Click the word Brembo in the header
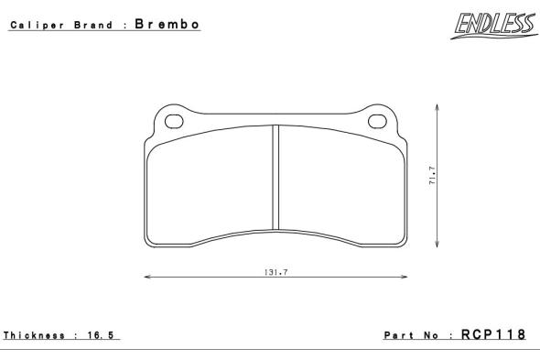(167, 24)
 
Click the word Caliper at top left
(38, 25)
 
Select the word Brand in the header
(93, 25)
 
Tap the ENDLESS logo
(495, 26)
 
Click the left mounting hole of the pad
(174, 122)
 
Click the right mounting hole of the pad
(377, 122)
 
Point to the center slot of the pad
(275, 178)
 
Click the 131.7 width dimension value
(275, 272)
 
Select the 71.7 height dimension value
(433, 176)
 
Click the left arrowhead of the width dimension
(147, 277)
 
